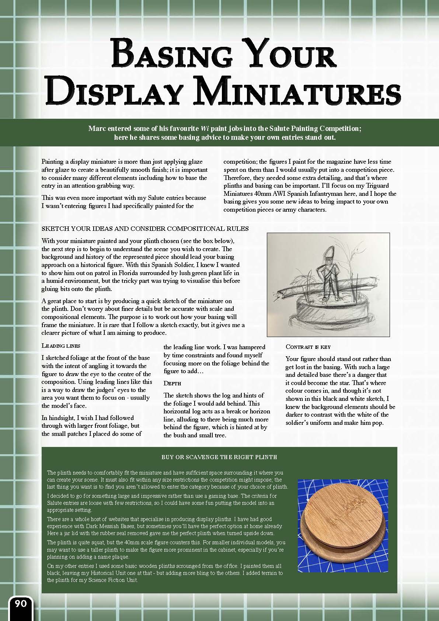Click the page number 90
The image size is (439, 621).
[21, 604]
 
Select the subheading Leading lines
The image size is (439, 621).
[61, 346]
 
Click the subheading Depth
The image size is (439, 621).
[172, 384]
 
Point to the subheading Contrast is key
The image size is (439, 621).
[308, 347]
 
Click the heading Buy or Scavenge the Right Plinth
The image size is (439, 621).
[219, 457]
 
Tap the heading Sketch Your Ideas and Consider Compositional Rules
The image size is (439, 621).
[145, 229]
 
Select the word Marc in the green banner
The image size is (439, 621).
[97, 129]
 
